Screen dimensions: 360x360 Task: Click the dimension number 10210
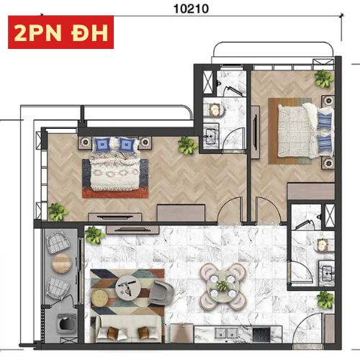(x=191, y=9)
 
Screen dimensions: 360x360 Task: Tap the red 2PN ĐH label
(x=60, y=32)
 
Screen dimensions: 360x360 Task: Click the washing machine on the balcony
(x=66, y=323)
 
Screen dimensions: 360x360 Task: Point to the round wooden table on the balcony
(x=62, y=264)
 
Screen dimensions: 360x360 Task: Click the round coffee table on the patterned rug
(x=128, y=287)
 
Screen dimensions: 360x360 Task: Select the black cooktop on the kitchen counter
(x=261, y=333)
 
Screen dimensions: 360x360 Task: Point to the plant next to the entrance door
(x=325, y=300)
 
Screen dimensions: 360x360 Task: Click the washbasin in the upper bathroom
(x=210, y=137)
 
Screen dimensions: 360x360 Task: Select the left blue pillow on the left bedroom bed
(x=102, y=145)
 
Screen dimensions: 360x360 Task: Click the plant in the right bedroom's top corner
(x=324, y=78)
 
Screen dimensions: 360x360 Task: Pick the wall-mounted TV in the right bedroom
(x=256, y=131)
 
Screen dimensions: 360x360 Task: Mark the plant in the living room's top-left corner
(x=95, y=235)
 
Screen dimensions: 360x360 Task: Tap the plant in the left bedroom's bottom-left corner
(x=58, y=212)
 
